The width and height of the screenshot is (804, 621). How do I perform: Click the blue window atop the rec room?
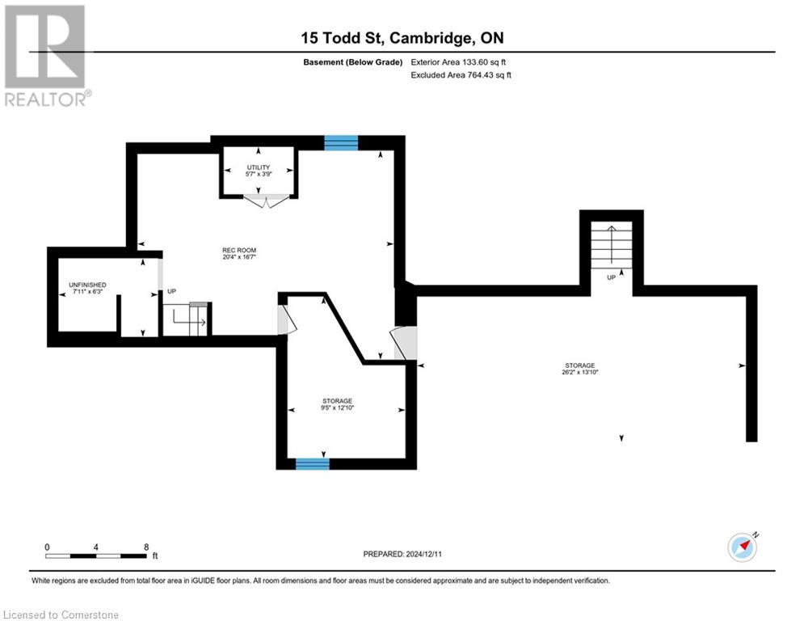[x=340, y=142]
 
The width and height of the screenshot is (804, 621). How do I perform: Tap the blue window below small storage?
[x=312, y=463]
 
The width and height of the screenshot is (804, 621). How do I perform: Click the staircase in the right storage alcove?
[x=610, y=246]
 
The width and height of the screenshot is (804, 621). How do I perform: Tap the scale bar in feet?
[x=97, y=556]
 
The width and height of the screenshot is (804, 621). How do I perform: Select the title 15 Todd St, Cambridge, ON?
[x=402, y=38]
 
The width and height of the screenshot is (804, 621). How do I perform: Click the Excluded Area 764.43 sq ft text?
[x=460, y=75]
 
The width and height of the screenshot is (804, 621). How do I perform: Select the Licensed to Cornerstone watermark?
[x=61, y=615]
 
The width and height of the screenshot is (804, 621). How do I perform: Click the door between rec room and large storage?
[x=404, y=343]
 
